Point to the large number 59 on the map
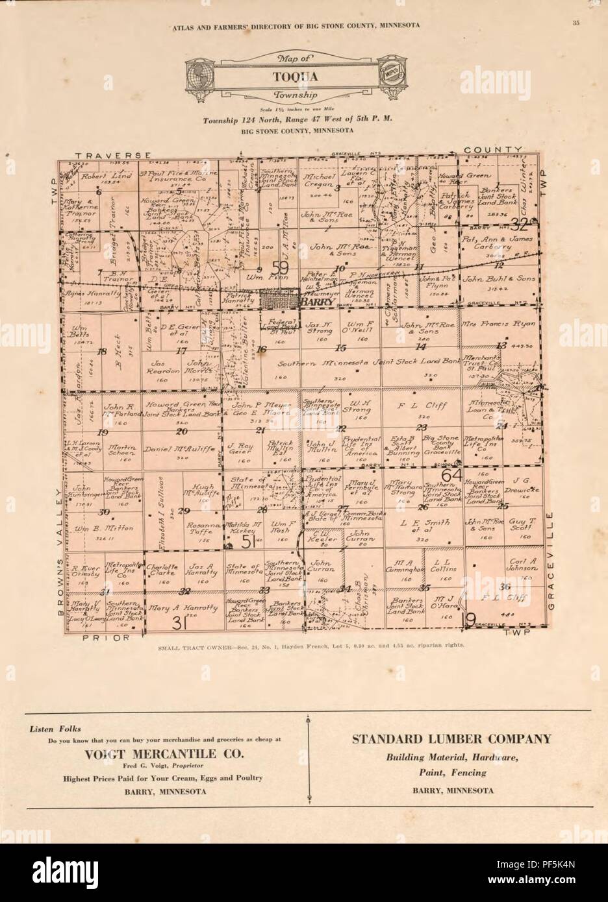[x=280, y=267]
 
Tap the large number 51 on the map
[x=247, y=542]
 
